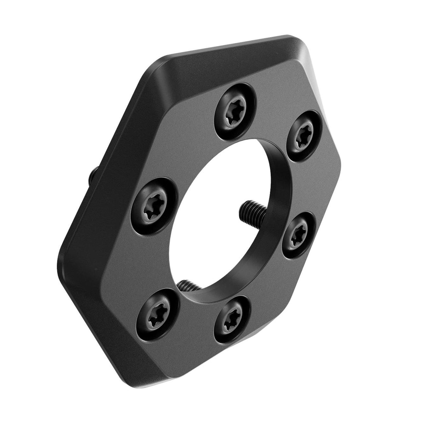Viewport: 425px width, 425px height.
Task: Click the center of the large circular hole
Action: click(x=223, y=220)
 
